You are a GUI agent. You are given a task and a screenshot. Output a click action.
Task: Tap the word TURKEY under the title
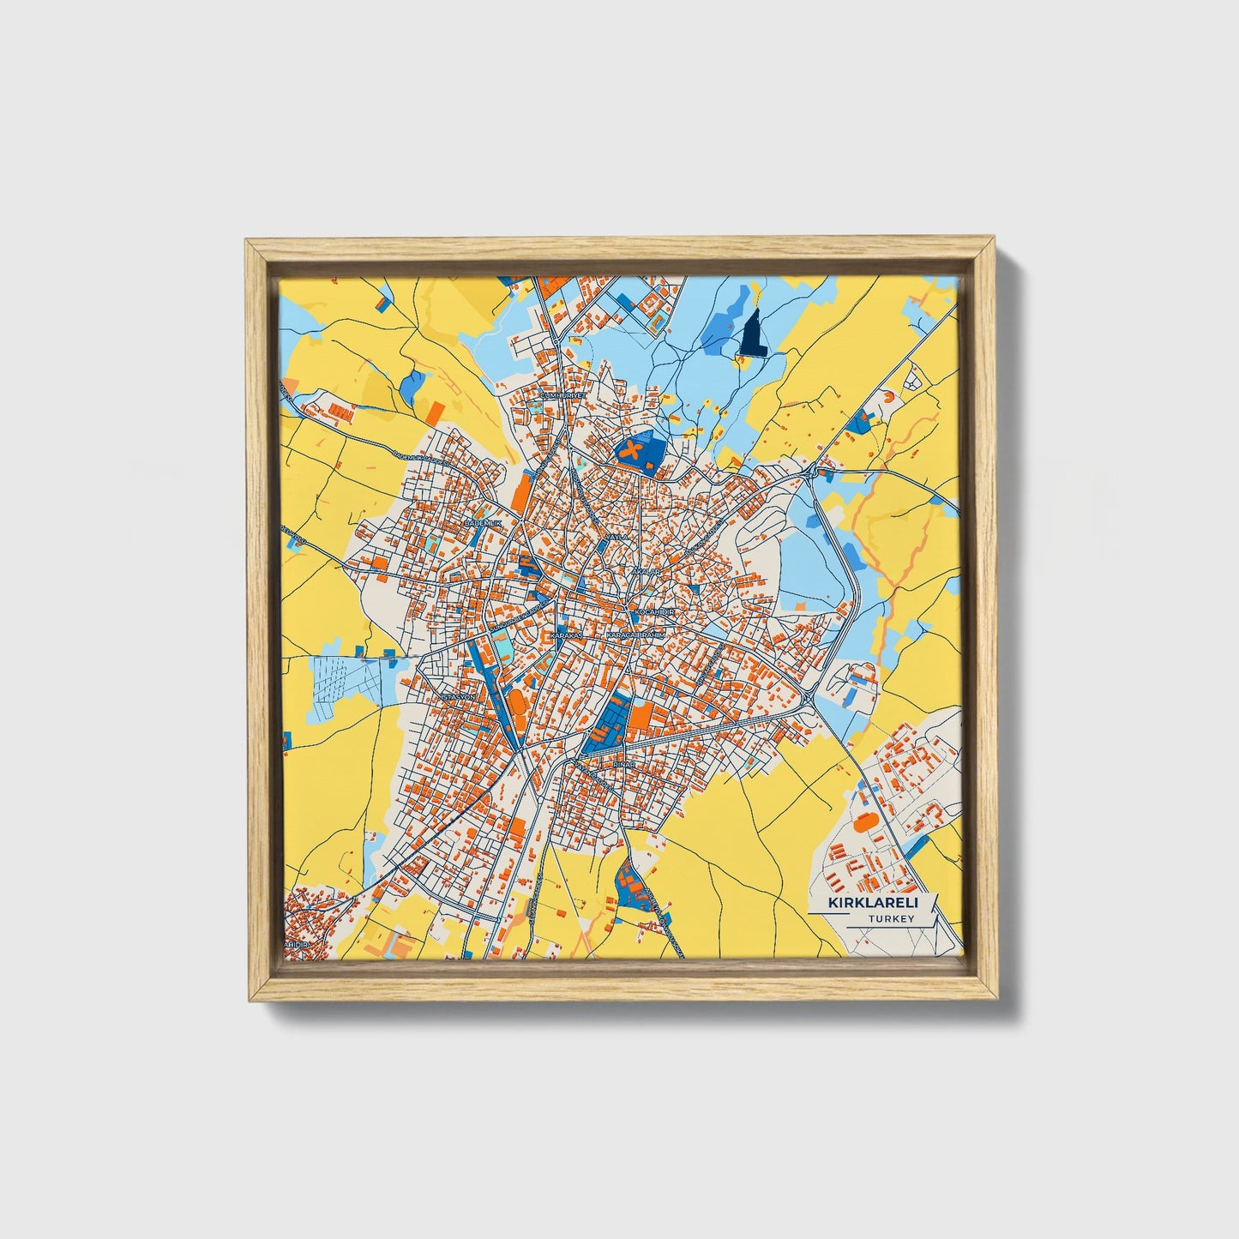(891, 918)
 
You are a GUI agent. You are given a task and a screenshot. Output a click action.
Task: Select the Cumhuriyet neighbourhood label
(562, 395)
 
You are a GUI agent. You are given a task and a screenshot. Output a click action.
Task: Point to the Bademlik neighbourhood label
(481, 522)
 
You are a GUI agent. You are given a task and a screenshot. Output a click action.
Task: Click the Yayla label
(616, 537)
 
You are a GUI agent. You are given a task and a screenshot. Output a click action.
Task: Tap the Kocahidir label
(655, 613)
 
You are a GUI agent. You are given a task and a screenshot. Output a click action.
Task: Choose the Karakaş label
(565, 635)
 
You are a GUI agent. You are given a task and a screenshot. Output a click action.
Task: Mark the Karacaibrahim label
(635, 635)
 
